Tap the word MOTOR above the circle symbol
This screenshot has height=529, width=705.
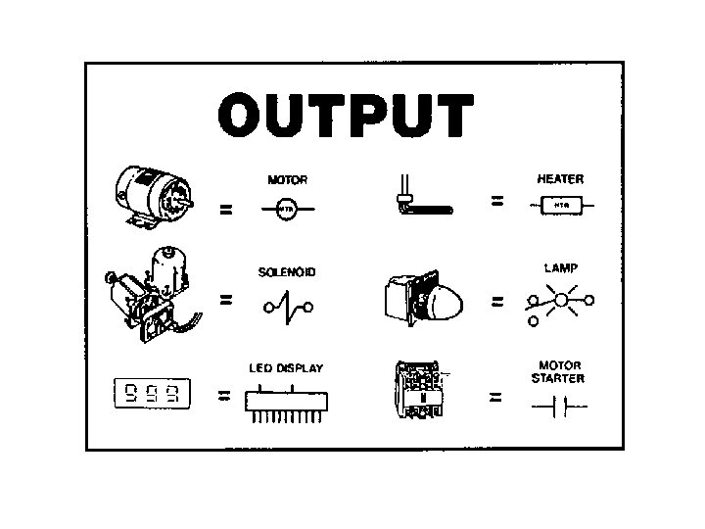pos(287,180)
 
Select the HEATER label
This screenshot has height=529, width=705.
pos(560,179)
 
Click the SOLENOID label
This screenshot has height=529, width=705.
pos(287,272)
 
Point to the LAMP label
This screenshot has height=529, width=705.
pos(559,266)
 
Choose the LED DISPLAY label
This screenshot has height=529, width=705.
pos(286,368)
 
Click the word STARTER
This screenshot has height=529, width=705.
pos(559,378)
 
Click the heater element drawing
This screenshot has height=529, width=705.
pos(420,199)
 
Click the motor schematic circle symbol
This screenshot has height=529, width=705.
pos(287,210)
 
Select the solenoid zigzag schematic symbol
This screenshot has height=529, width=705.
pos(288,307)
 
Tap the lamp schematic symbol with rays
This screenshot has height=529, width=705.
pos(559,301)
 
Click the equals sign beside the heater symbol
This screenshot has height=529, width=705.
pos(496,201)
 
